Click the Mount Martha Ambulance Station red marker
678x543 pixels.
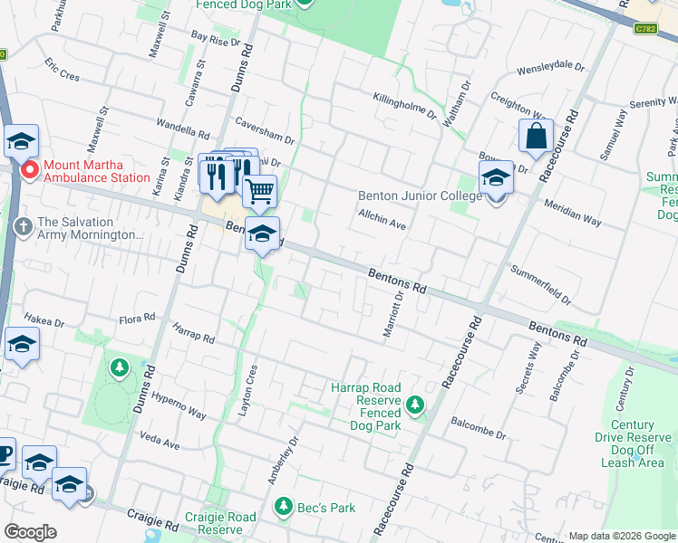pyautogui.click(x=29, y=169)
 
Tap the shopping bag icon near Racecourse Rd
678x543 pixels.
pyautogui.click(x=536, y=137)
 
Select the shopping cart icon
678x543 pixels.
pyautogui.click(x=259, y=191)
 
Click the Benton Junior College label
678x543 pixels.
pyautogui.click(x=420, y=195)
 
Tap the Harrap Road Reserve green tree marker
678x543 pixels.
pyautogui.click(x=415, y=404)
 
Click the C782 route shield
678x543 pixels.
pyautogui.click(x=645, y=28)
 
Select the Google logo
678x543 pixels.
pyautogui.click(x=30, y=532)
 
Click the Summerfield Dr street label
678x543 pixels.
pyautogui.click(x=541, y=284)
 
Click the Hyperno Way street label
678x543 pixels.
pyautogui.click(x=178, y=404)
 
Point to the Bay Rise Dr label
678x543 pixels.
pyautogui.click(x=215, y=40)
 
